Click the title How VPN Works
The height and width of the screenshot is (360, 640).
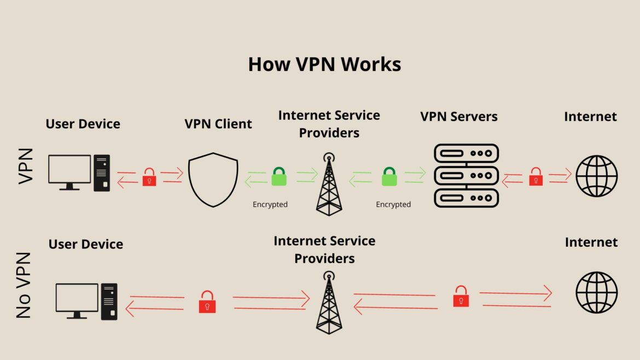324,64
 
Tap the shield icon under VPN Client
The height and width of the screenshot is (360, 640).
213,179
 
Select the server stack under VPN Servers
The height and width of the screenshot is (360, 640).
466,176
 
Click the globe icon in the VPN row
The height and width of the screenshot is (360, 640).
596,176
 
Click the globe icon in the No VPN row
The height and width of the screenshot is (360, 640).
596,293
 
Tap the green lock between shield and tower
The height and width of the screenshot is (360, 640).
279,177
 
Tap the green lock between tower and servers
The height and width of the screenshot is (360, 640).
389,177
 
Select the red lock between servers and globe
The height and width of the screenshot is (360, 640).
536,177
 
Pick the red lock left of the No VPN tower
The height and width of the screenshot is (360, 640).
207,301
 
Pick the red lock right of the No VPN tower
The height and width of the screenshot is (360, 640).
461,296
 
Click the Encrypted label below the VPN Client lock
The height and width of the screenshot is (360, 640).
270,205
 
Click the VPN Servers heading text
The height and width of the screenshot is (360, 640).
459,117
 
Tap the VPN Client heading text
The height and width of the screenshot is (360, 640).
218,124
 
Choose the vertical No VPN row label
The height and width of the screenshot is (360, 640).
24,285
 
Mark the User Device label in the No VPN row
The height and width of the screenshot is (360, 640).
86,244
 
